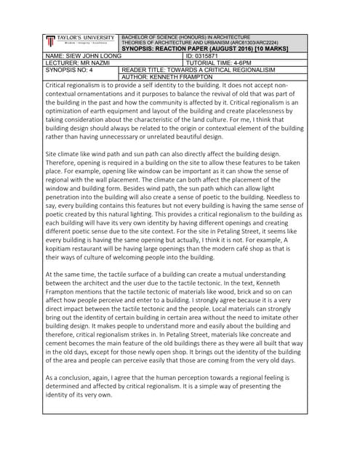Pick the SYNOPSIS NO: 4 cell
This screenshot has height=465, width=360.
point(70,70)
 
